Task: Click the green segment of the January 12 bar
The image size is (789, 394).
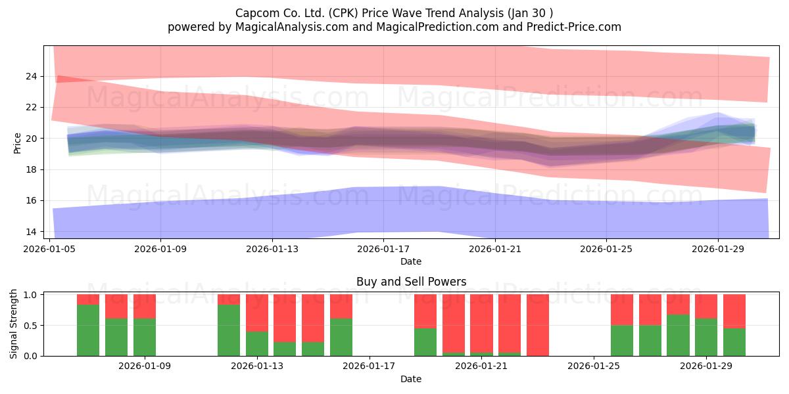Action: click(229, 330)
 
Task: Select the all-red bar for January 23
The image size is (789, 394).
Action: click(538, 325)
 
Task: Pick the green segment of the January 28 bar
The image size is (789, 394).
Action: click(678, 336)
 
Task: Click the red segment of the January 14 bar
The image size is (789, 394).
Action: click(285, 318)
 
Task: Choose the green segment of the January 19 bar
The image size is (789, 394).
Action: click(425, 342)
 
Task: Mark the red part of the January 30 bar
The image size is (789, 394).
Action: click(734, 311)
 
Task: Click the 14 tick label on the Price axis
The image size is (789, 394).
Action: click(31, 232)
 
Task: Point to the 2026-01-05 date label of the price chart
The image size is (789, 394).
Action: click(49, 249)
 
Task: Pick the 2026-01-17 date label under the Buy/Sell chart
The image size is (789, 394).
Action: click(369, 366)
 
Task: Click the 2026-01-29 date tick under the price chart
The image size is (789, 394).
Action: click(718, 240)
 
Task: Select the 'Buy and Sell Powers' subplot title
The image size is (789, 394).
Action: click(411, 282)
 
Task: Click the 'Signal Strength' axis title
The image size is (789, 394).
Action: click(13, 324)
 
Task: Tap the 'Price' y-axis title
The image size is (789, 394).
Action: click(17, 143)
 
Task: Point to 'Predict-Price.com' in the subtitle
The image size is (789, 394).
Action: click(574, 27)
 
